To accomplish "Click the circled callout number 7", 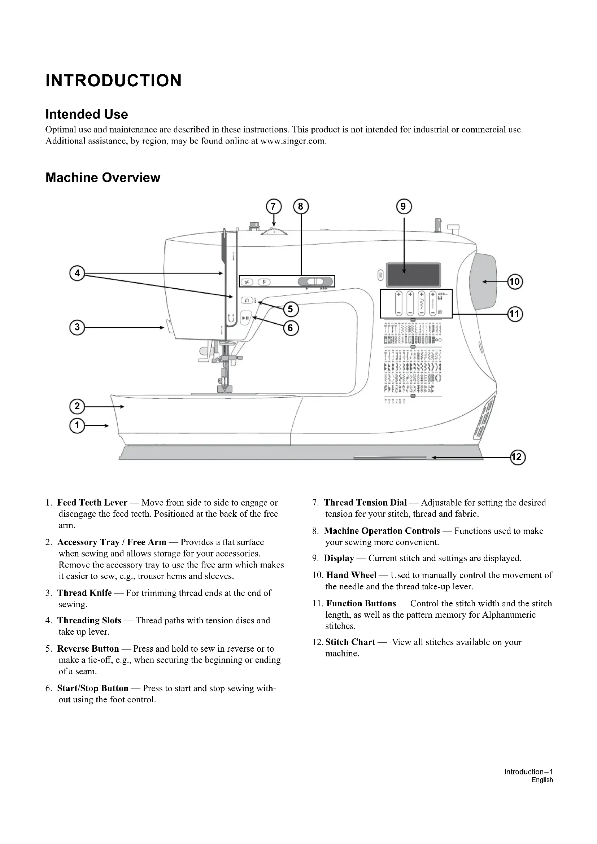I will [273, 207].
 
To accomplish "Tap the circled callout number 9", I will [404, 207].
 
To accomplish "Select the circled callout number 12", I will [518, 457].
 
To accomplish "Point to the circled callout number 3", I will [77, 327].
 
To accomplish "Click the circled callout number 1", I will [77, 426].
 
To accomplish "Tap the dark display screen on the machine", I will [414, 275].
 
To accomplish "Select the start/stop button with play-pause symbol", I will [245, 318].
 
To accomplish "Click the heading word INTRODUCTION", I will [114, 80].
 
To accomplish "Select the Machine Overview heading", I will [103, 178].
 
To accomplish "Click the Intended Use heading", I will [87, 114].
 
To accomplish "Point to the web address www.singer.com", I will [293, 141].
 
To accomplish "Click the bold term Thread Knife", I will [84, 593].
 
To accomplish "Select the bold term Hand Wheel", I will [352, 575].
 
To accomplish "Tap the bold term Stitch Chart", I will [350, 642].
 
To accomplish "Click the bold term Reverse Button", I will [88, 648].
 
